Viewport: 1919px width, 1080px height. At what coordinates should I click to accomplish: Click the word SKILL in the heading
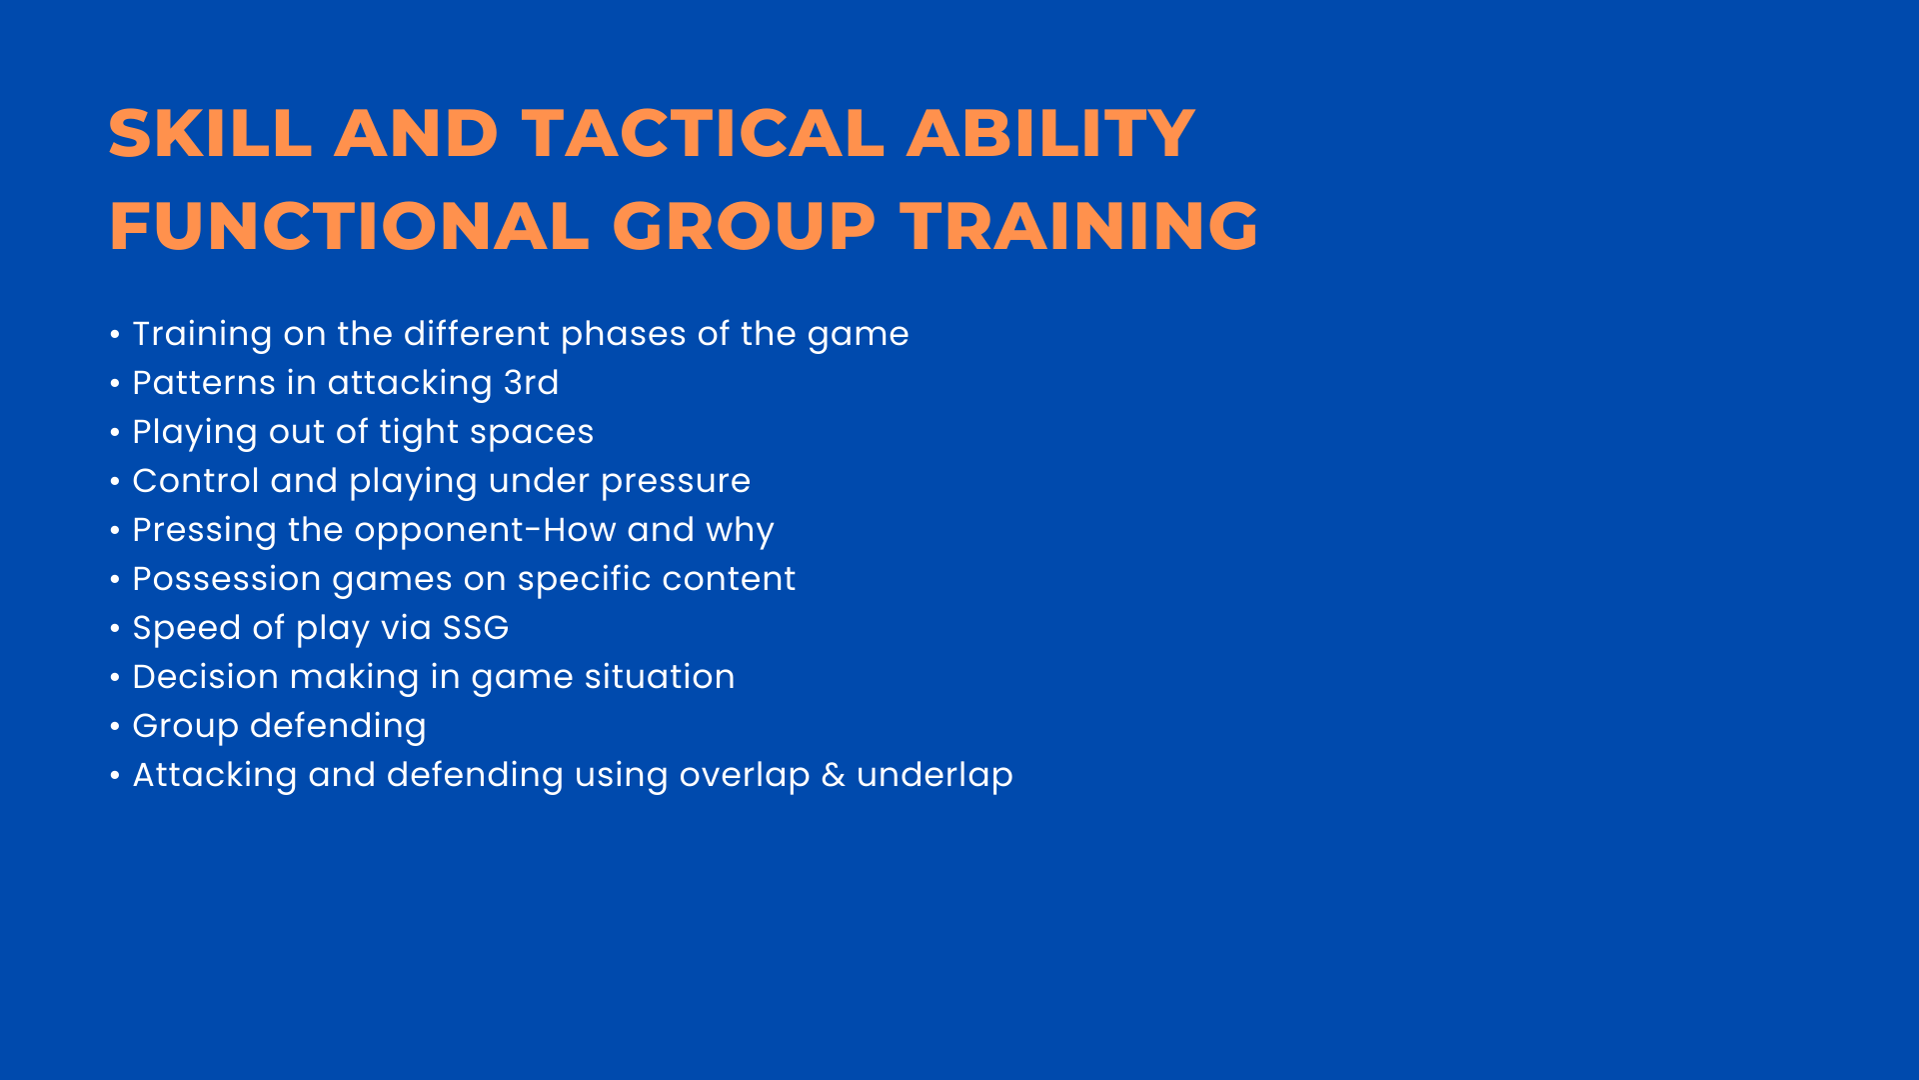(211, 133)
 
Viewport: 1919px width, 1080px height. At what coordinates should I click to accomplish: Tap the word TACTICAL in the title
(703, 133)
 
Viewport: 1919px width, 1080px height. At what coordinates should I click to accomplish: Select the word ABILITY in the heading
(1050, 133)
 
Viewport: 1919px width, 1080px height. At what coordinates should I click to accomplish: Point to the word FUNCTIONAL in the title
(349, 225)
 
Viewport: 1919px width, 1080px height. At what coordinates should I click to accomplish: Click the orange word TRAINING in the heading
(1079, 225)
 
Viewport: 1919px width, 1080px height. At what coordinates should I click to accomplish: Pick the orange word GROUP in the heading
(744, 225)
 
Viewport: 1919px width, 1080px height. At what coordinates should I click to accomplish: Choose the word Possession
(227, 579)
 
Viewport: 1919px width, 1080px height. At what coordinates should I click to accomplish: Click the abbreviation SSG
(476, 628)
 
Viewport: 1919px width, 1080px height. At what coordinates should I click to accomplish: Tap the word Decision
(206, 677)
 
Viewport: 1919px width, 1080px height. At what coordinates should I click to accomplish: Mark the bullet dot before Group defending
(115, 726)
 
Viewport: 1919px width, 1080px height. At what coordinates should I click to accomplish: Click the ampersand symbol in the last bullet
(834, 775)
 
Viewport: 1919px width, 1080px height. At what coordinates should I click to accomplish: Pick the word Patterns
(204, 383)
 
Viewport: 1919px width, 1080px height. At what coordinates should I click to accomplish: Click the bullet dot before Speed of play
(115, 628)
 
